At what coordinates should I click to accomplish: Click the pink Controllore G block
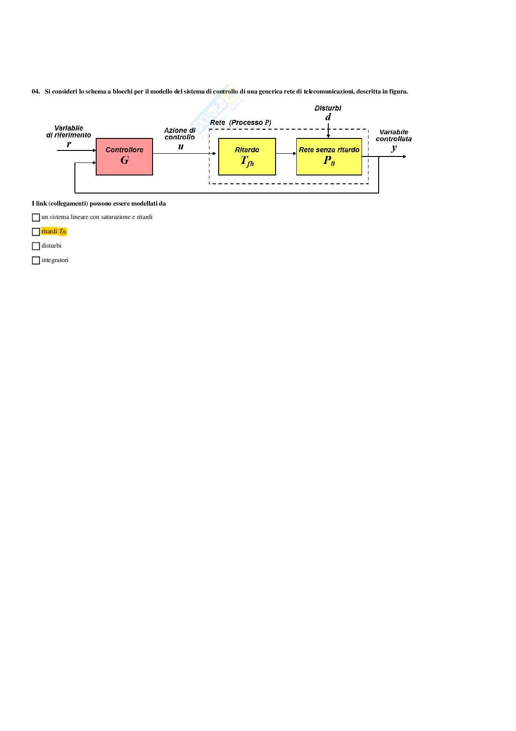[x=124, y=156]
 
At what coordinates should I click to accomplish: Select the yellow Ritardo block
[x=247, y=156]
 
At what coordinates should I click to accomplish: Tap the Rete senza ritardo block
[x=329, y=156]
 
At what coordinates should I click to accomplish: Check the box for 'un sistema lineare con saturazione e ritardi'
[x=36, y=217]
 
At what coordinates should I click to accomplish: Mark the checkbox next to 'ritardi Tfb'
[x=36, y=231]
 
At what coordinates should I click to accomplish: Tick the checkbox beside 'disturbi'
[x=36, y=246]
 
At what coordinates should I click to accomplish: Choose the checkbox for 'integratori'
[x=36, y=261]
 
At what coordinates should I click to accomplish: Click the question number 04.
[x=36, y=91]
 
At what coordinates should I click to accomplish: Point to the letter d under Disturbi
[x=328, y=117]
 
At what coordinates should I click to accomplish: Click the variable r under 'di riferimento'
[x=69, y=144]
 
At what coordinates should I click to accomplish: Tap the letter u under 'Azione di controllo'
[x=181, y=147]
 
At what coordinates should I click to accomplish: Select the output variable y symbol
[x=394, y=148]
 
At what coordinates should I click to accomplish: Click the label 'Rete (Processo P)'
[x=240, y=123]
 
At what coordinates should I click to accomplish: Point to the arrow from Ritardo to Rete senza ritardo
[x=286, y=153]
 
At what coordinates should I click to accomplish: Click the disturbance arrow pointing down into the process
[x=328, y=131]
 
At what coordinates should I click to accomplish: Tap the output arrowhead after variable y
[x=405, y=156]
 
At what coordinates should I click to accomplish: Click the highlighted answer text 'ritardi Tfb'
[x=54, y=231]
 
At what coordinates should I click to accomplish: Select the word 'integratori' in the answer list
[x=55, y=260]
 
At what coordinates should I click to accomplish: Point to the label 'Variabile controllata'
[x=394, y=136]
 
